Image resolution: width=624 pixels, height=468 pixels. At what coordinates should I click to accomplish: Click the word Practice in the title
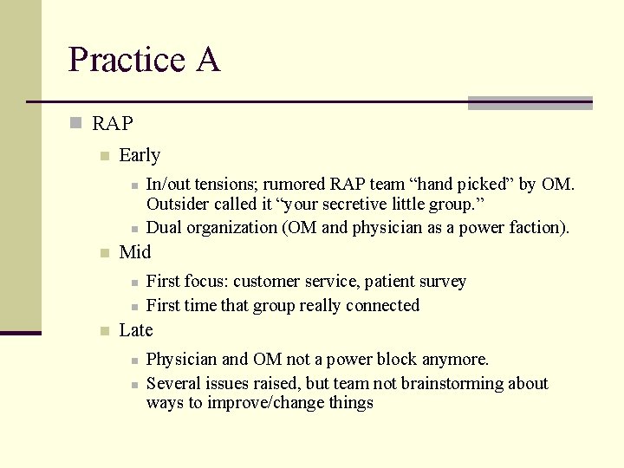click(127, 60)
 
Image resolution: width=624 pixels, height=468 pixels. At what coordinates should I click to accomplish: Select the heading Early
click(139, 155)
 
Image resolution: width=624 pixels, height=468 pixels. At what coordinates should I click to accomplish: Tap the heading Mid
click(134, 252)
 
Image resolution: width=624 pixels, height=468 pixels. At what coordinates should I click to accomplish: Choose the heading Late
click(135, 330)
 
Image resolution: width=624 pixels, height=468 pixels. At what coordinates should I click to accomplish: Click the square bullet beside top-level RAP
click(76, 124)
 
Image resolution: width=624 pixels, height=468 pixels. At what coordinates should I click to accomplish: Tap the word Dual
click(165, 227)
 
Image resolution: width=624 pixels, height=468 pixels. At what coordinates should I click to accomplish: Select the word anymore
click(456, 359)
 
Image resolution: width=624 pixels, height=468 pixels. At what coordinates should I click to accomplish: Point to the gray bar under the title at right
click(530, 103)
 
